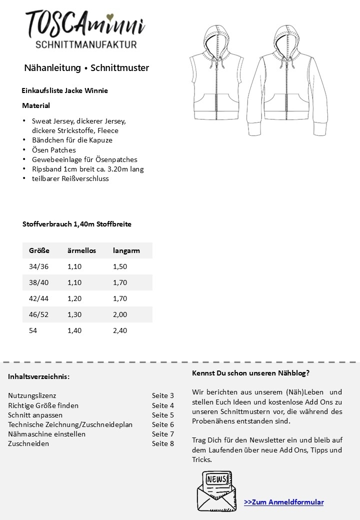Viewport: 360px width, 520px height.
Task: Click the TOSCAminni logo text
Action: [x=85, y=23]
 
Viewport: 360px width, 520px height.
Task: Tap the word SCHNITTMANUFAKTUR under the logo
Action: [x=85, y=45]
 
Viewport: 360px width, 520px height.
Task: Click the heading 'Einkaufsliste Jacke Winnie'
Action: [x=64, y=90]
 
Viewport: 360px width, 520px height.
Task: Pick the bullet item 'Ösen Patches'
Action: [x=53, y=149]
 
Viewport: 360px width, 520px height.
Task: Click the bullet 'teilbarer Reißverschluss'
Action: [x=70, y=178]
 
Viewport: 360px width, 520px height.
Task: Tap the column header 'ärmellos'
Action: [x=81, y=250]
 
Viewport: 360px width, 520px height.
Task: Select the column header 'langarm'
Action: [x=126, y=250]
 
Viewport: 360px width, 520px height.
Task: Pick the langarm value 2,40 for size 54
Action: [x=120, y=330]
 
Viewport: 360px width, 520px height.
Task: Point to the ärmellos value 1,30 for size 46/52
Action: [x=74, y=314]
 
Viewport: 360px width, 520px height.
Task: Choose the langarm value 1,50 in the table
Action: [x=120, y=266]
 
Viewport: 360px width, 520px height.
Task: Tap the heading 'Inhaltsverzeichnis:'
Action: [x=38, y=376]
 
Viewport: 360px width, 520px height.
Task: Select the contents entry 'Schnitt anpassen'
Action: [x=35, y=415]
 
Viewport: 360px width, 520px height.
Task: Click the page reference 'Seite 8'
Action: [x=163, y=443]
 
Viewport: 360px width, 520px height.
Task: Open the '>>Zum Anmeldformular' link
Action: [x=283, y=502]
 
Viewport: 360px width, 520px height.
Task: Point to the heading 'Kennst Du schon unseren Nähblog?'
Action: [x=250, y=373]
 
